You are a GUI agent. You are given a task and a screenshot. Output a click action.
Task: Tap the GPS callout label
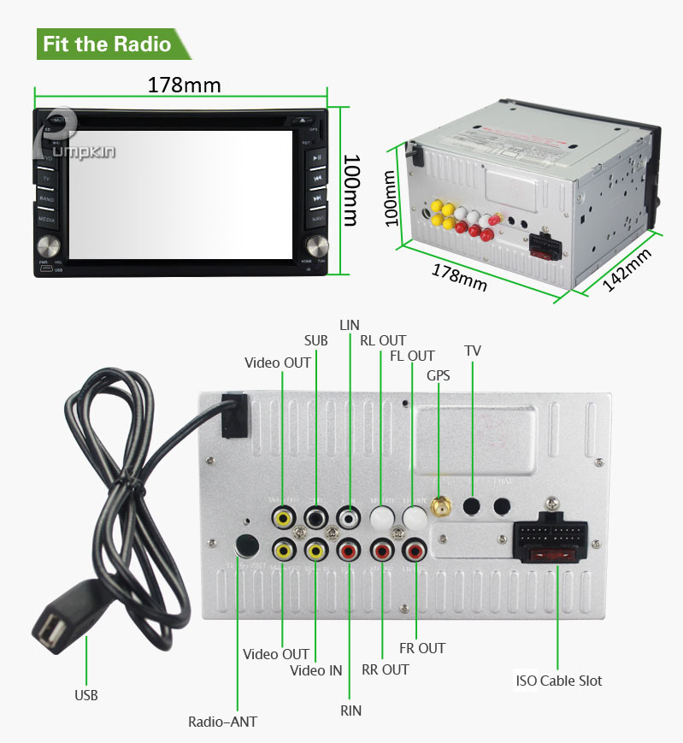438,374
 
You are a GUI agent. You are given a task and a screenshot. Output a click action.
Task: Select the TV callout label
473,350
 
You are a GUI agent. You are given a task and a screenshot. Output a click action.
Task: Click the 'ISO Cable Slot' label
558,681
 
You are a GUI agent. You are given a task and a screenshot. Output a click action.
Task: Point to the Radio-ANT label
222,721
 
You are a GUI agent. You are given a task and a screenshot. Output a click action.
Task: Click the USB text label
85,695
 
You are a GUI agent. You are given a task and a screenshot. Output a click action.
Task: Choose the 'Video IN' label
315,669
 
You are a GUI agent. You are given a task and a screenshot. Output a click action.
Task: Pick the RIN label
350,711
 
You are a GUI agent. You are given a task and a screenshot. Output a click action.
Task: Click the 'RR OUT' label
385,669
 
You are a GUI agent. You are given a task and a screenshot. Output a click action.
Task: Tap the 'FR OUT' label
422,648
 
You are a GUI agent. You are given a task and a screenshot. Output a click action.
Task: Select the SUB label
315,340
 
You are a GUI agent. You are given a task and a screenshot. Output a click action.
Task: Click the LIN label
350,325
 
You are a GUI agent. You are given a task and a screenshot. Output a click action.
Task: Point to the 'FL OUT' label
412,356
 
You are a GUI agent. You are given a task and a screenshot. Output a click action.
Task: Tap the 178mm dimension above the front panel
184,86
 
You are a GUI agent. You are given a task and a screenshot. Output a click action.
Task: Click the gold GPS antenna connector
439,509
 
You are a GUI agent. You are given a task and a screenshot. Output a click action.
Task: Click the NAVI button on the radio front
318,219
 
